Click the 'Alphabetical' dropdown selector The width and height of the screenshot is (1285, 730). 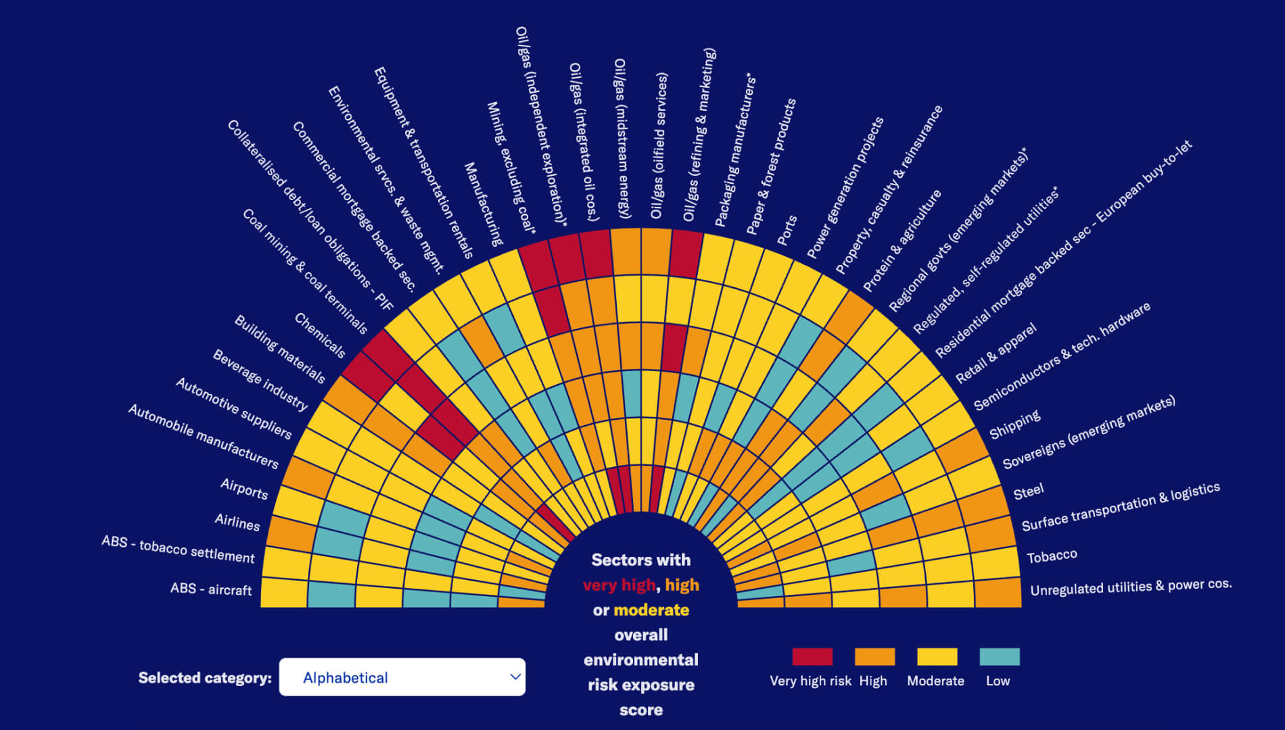point(402,677)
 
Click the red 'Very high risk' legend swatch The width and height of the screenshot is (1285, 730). point(812,657)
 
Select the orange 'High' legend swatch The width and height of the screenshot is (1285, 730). point(874,657)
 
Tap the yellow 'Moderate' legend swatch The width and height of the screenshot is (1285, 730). point(937,657)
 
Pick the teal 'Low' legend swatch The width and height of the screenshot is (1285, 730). point(999,657)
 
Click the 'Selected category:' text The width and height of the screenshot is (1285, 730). point(205,678)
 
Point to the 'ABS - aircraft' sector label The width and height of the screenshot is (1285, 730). point(211,589)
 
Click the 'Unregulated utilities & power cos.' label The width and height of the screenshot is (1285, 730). point(1130,587)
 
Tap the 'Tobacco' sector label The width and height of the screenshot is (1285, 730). point(1052,556)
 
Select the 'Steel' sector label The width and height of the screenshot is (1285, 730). point(1029,491)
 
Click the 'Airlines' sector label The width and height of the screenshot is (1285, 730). point(237,522)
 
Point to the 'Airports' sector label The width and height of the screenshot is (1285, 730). point(244,488)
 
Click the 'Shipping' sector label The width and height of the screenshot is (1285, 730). point(1014,424)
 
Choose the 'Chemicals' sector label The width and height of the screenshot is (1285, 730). point(320,335)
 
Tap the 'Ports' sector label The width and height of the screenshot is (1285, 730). point(787,230)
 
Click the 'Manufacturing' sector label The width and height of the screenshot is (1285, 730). point(484,204)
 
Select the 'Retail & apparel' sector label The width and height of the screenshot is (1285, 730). point(996,354)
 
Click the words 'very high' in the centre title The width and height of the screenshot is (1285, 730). point(619,585)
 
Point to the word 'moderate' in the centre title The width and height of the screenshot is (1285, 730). point(651,610)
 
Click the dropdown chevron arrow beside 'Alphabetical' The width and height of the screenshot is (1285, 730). point(515,677)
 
